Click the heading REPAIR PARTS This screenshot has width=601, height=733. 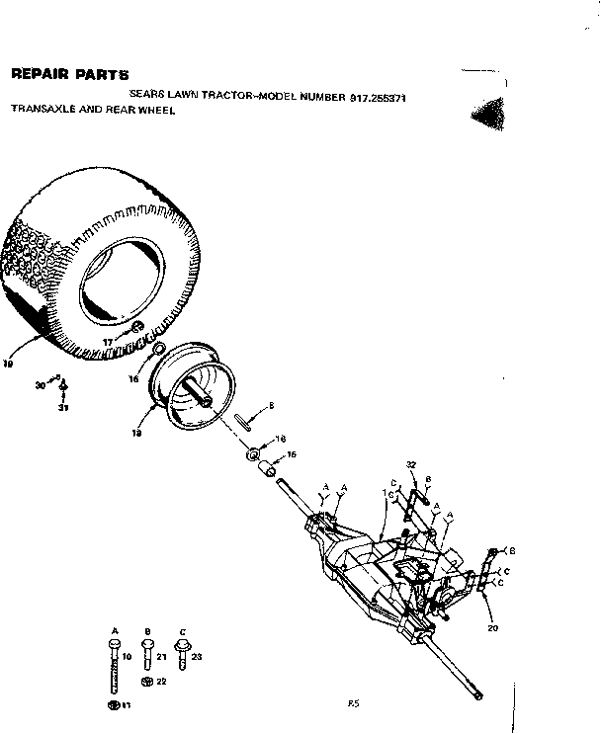pos(69,74)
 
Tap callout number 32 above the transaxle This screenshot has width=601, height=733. pos(411,463)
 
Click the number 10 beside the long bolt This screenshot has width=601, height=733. pos(127,656)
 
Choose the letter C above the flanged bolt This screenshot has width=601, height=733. pos(181,630)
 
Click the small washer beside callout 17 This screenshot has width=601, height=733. pos(137,327)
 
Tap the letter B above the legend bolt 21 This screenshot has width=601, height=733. pos(146,630)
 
